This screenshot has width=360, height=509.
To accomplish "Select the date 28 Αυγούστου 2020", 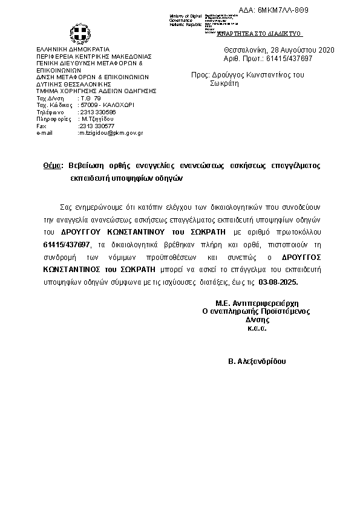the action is pos(293,50).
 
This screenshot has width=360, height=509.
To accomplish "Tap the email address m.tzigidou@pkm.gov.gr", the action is pos(110,132).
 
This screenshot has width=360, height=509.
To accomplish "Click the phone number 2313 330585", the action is pos(97,112).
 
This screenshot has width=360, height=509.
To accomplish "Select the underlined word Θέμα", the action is pos(53,165).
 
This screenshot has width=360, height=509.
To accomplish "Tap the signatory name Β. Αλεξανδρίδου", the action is pos(257,361).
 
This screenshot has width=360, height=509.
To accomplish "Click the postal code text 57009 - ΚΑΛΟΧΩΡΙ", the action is pos(107,105).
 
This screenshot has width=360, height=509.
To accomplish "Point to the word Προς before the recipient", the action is pos(199,75).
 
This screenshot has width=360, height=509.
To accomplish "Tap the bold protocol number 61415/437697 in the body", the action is pos(66,244).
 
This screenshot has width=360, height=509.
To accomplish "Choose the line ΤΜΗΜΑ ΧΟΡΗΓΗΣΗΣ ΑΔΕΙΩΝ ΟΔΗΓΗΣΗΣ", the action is pos(96,91).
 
